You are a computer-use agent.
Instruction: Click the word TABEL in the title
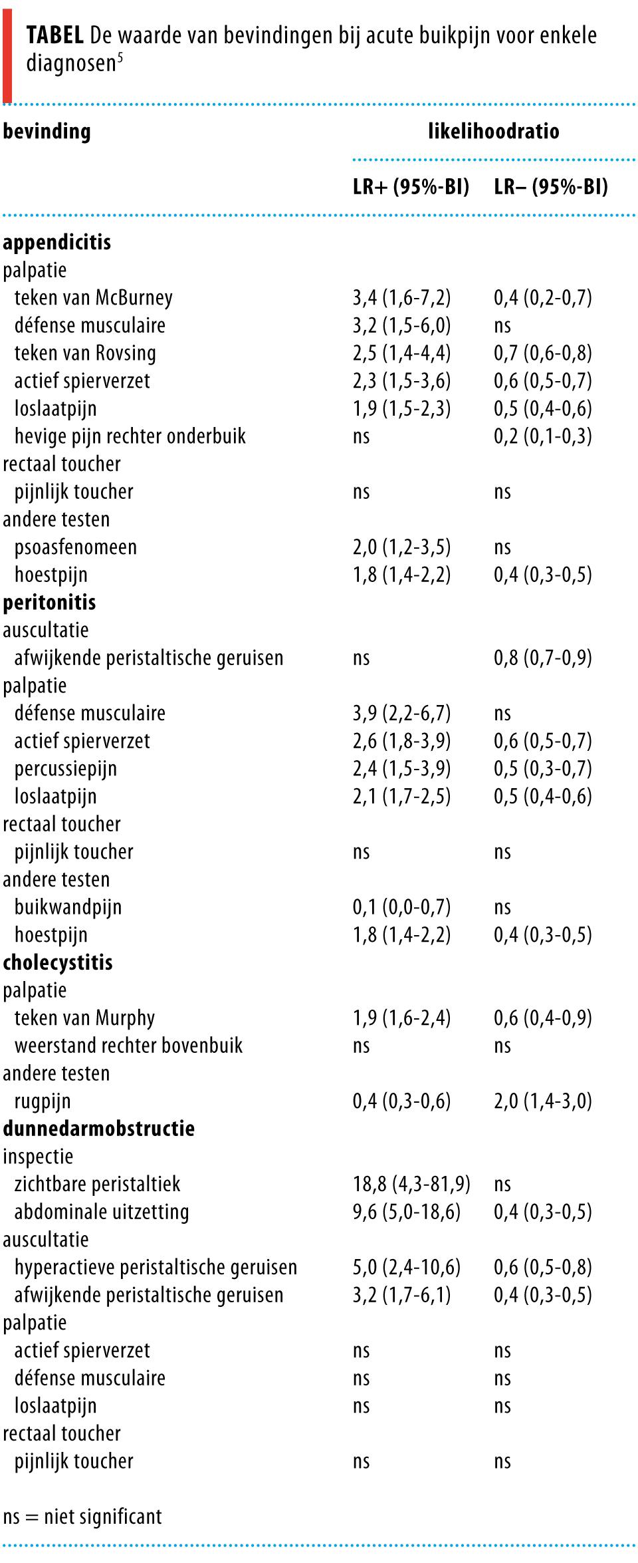55,35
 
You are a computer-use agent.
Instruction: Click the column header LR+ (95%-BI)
411,187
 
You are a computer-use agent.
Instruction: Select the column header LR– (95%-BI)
550,187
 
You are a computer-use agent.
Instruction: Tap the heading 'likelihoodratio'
493,131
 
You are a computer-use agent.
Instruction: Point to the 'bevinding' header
47,131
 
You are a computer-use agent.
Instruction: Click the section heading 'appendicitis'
56,242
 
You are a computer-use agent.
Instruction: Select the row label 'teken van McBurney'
93,297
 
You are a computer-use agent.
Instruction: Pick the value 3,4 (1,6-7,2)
401,297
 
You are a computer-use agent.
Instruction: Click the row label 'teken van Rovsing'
85,353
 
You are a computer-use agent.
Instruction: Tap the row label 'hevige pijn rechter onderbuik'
130,436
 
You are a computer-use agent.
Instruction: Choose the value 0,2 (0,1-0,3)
542,436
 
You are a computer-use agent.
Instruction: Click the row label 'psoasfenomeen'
75,547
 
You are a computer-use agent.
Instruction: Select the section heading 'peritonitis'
49,603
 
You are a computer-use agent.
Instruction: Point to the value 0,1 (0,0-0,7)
401,907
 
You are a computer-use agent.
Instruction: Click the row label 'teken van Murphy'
84,1018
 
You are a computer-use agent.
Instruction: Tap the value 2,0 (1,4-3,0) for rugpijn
542,1101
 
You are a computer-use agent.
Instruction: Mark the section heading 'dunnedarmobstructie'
98,1129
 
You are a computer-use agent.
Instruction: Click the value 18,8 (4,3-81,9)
411,1184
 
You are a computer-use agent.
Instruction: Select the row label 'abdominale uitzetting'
101,1212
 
